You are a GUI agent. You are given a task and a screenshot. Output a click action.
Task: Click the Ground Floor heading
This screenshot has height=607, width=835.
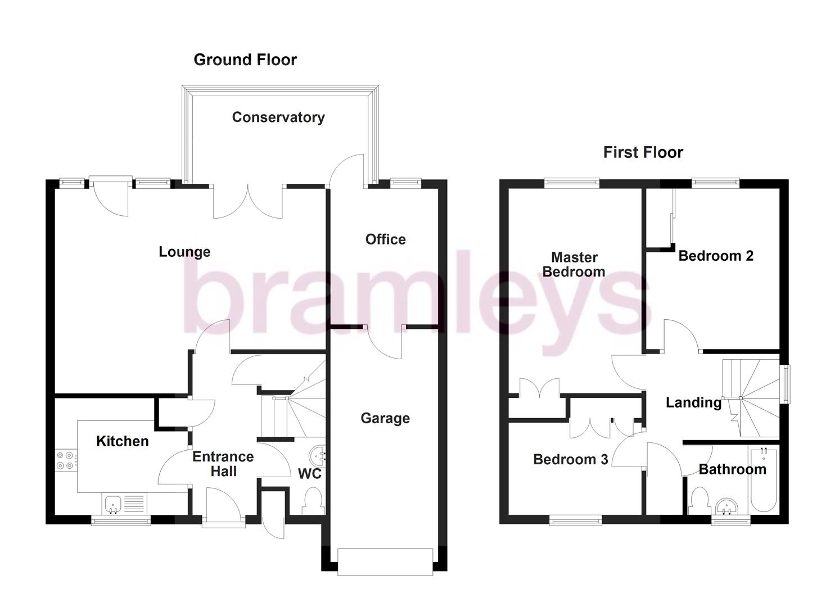245,60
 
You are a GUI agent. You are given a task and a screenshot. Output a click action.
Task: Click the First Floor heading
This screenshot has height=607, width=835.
643,152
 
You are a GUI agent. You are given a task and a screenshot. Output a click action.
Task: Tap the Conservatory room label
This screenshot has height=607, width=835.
278,117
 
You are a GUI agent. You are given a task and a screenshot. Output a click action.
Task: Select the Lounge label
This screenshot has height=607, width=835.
184,252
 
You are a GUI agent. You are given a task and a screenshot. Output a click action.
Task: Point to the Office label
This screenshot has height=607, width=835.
385,239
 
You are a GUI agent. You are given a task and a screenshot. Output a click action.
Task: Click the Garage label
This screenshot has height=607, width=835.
385,418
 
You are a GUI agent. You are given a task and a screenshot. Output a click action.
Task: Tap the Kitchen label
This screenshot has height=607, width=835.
123,441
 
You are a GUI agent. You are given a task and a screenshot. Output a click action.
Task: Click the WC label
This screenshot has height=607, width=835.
309,474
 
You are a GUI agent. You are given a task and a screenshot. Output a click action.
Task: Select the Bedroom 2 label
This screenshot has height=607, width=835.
716,256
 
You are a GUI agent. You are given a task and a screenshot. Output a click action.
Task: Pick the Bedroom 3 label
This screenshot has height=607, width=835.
570,460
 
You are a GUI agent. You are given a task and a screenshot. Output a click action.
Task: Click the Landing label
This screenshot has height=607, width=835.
693,402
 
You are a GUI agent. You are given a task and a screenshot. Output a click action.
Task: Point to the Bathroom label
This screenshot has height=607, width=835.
732,469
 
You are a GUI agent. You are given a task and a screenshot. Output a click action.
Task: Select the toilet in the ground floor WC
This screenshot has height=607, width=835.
312,500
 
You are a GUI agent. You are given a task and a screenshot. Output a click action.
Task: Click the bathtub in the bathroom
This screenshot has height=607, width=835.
763,478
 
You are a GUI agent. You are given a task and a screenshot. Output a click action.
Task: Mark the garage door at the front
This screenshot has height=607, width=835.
385,561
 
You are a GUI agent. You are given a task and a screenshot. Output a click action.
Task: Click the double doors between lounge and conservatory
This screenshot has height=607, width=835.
247,201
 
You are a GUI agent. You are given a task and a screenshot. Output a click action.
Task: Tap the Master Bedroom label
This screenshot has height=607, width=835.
574,265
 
